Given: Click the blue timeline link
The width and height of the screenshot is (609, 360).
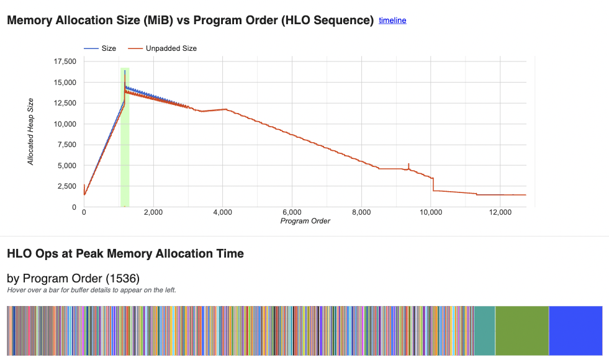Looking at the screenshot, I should point(392,20).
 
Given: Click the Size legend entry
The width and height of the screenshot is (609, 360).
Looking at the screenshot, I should point(108,48).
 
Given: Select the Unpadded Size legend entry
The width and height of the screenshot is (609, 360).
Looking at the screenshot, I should point(171,48).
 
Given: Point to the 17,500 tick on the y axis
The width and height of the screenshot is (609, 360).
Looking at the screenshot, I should point(65,61).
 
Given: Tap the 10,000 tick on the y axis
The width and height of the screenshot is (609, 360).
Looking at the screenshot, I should point(65,124).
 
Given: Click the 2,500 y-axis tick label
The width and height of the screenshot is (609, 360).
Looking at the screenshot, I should point(67,186).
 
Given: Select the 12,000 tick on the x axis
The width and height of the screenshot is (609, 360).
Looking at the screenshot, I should point(500,212).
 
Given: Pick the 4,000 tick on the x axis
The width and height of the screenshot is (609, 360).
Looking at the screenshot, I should point(222,212).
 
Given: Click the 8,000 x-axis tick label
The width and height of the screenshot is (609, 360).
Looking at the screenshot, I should point(361,212).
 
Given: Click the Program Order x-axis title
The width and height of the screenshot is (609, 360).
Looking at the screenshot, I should point(305,221).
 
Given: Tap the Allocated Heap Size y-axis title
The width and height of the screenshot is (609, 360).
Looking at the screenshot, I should point(31,132).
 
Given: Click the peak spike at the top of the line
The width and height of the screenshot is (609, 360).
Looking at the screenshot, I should point(125,72).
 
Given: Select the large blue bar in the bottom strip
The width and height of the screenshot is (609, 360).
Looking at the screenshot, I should point(575,330).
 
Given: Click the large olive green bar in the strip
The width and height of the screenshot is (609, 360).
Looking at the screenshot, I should point(521,330).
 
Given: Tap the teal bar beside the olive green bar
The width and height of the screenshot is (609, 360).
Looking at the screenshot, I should point(484,330).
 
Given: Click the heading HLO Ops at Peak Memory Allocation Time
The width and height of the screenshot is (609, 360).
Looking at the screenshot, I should point(125,253).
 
